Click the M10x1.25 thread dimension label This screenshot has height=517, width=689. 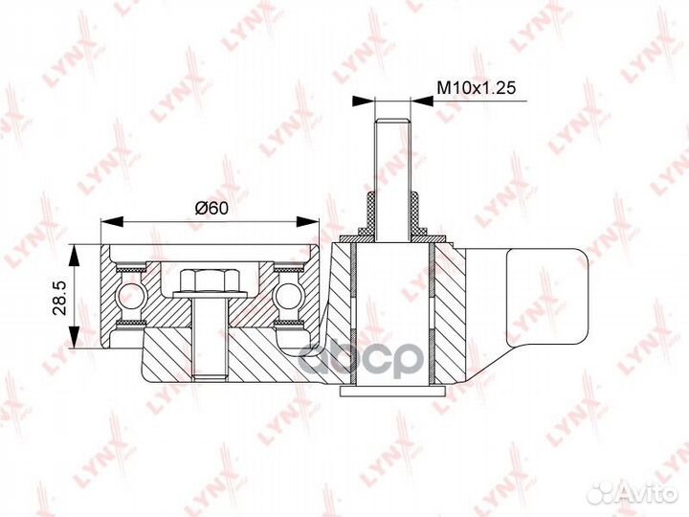pos(476,88)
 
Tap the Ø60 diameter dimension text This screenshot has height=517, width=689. pos(211,208)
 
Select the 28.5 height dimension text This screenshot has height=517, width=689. pos(59,298)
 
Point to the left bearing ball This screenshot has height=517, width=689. pos(131,296)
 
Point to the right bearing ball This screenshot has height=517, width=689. pos(287,296)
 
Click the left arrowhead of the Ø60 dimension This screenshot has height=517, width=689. pos(113,221)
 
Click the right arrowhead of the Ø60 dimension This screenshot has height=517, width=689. pos(307,221)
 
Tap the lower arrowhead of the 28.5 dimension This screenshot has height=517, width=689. pos(76,337)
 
